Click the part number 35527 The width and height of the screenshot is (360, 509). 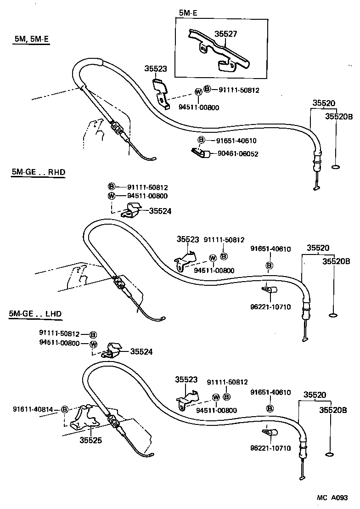226,34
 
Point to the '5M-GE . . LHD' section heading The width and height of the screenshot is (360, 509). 35,314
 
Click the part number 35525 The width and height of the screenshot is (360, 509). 90,440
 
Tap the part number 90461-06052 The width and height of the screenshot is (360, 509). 238,154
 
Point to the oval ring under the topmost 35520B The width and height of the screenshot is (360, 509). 335,167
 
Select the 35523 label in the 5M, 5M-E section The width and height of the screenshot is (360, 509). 156,69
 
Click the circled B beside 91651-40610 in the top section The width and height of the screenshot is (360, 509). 201,140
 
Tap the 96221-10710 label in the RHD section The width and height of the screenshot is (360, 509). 270,307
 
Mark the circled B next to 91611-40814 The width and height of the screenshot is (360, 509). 65,409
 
